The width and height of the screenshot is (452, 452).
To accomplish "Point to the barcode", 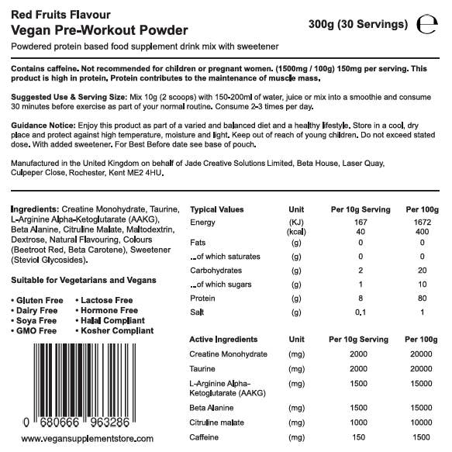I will (91, 382).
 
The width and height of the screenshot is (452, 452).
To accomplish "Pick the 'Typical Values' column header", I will (217, 210).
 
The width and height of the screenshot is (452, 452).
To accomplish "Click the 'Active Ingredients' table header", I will (223, 340).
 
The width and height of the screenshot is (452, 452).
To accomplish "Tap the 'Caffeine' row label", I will (205, 438).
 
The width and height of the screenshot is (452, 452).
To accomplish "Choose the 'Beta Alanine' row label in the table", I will (212, 406).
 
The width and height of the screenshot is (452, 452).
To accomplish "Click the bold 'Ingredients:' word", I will (35, 210).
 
